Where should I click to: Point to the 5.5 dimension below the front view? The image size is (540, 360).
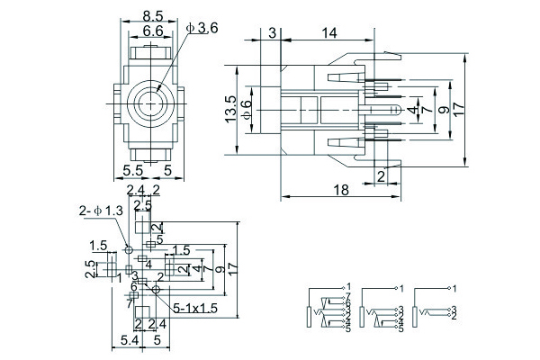click(x=132, y=169)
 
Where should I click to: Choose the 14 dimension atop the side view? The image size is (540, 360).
click(x=327, y=33)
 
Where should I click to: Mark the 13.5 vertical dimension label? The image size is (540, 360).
click(x=231, y=108)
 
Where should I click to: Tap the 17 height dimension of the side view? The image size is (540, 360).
click(x=459, y=107)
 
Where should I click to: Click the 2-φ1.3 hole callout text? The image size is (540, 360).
click(x=101, y=211)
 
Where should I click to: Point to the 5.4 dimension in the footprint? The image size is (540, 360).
click(x=130, y=341)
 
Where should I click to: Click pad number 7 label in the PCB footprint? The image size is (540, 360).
click(x=129, y=304)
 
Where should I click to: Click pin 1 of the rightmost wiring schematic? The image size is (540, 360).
click(x=455, y=288)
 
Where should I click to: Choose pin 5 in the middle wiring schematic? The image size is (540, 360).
click(x=400, y=329)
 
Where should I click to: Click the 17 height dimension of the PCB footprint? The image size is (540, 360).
click(x=233, y=268)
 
